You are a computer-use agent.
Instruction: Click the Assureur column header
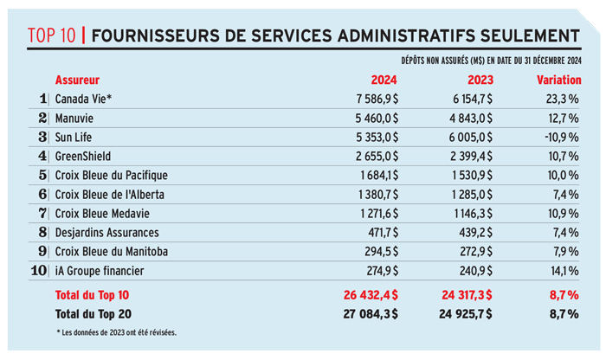(77, 80)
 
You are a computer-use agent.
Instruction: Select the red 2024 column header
(384, 80)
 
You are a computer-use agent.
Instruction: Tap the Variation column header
(559, 80)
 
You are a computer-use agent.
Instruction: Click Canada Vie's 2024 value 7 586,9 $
(377, 100)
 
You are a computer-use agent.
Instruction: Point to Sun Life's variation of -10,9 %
(562, 137)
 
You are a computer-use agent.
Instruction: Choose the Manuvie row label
(74, 119)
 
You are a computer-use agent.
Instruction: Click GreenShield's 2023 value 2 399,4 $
(471, 157)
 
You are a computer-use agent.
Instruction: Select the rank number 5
(42, 175)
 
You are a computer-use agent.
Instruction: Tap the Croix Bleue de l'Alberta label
(110, 195)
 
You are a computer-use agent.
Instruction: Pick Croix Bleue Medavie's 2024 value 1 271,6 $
(379, 214)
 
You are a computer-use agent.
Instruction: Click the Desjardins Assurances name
(107, 233)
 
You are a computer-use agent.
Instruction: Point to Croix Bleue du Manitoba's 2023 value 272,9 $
(476, 252)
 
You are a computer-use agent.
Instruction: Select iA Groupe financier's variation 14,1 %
(564, 271)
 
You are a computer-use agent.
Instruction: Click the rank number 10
(39, 270)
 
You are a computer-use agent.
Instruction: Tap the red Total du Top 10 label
(92, 295)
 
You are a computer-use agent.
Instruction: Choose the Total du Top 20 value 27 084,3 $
(371, 314)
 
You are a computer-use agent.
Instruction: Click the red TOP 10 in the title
(51, 35)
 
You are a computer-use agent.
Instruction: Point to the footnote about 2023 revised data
(116, 332)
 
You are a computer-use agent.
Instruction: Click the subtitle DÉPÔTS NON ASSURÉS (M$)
(442, 61)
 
